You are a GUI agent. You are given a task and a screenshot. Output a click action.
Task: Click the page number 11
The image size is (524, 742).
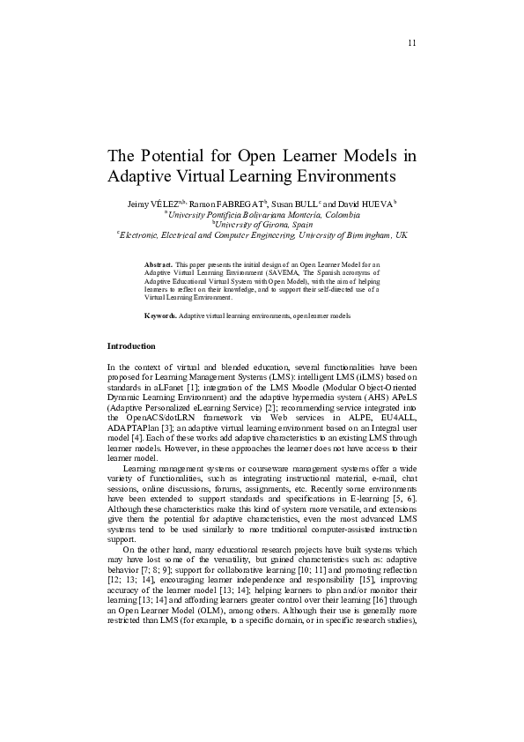pos(411,44)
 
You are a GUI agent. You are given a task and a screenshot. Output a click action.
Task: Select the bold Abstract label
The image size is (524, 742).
pos(159,263)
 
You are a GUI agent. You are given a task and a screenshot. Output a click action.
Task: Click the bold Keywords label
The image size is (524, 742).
pos(160,315)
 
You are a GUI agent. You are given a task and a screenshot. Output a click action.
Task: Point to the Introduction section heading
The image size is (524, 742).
pos(131,345)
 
